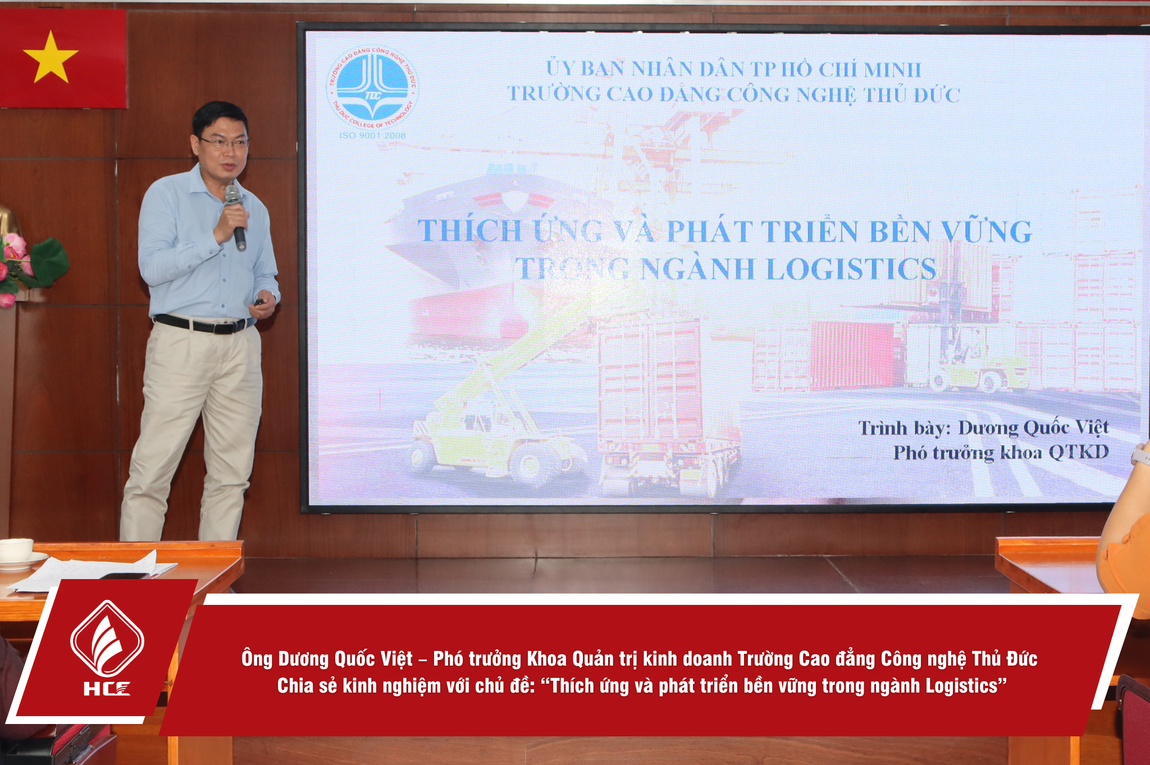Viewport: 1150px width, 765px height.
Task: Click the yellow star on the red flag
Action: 51,58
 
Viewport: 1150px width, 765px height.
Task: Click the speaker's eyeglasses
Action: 223,143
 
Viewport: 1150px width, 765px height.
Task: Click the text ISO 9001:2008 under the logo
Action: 372,135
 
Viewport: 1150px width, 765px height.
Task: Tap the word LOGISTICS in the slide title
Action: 851,268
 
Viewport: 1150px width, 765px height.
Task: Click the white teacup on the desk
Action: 16,551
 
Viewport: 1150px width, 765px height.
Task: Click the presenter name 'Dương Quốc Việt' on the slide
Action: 1033,428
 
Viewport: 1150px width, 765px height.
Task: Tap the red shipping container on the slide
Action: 855,355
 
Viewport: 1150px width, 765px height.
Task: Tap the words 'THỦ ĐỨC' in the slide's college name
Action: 911,95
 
